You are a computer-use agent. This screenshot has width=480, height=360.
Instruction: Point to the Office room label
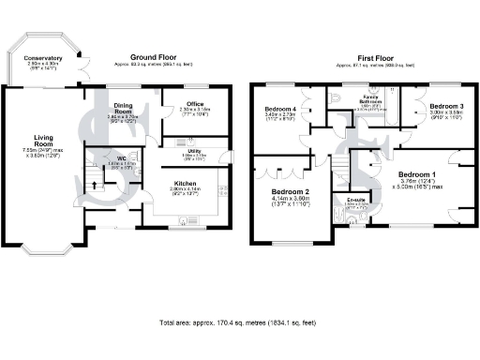(x=195, y=103)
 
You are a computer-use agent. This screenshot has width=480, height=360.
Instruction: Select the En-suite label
(x=356, y=200)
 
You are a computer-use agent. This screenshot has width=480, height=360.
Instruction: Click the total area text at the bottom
(x=240, y=322)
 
